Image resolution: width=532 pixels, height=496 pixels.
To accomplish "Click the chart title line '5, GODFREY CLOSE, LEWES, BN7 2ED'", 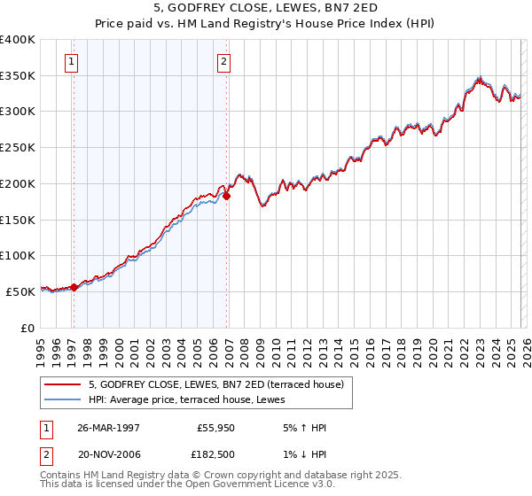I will point(265,10).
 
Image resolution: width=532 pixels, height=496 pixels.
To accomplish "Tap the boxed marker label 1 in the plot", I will point(71,61).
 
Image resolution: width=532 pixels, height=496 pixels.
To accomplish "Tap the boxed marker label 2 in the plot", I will point(223,61).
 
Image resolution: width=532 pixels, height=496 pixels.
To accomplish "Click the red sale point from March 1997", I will point(74,286).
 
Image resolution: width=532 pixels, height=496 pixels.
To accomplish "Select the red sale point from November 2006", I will point(227,196).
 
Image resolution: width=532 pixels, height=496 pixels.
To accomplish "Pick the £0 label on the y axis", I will point(27,328).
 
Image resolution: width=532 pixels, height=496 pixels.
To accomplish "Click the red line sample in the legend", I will point(64,385).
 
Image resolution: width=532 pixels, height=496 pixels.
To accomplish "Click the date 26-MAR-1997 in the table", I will point(108,428).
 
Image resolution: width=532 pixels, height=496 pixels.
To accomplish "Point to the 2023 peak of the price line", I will point(479,77).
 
